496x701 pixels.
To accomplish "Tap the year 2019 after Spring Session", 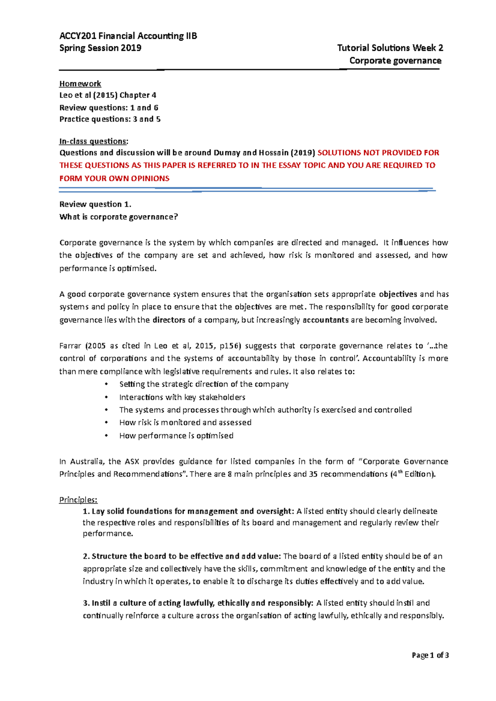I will click(131, 48).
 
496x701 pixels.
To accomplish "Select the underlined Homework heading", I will click(80, 84).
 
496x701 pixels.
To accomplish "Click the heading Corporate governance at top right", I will click(395, 61).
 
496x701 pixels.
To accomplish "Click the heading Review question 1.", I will click(95, 204).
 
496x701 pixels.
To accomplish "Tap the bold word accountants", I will click(326, 320).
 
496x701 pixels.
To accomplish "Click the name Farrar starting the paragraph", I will click(70, 346).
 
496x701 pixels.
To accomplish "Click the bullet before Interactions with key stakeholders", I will click(106, 397).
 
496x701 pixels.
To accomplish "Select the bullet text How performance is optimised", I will click(176, 436).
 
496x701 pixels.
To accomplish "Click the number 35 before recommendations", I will click(313, 474).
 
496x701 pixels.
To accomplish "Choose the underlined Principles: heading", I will click(78, 500).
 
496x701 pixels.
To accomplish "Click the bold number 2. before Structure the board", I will click(86, 556).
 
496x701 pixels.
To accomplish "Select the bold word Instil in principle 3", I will click(102, 603).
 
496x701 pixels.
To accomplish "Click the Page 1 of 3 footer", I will click(430, 655).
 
